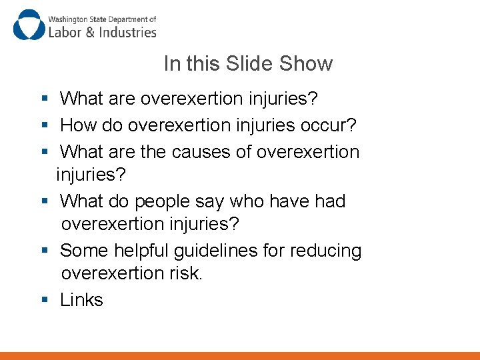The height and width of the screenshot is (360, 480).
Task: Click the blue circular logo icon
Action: tap(28, 25)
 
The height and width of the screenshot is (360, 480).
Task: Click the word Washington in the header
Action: tap(67, 19)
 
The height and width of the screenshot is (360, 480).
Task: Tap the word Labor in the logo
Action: tap(64, 31)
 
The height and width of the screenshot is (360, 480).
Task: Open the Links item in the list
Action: tap(81, 300)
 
